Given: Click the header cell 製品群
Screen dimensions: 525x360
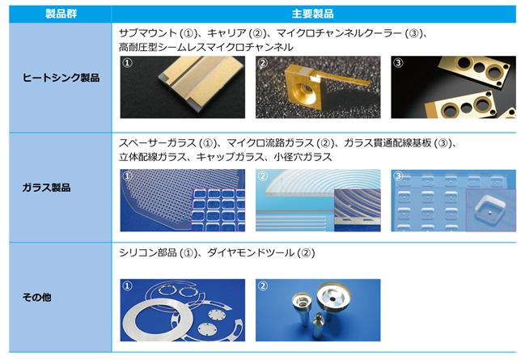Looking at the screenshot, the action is (61, 14).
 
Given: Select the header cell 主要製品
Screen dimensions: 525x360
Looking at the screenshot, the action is (313, 14).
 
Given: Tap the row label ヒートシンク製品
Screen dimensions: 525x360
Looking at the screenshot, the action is (61, 78).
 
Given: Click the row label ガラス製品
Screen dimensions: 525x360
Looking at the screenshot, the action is (46, 188).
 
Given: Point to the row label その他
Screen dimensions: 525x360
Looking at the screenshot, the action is (37, 297).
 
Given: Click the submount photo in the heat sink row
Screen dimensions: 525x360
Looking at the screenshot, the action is (183, 87).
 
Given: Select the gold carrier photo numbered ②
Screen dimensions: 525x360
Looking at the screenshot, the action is (318, 87).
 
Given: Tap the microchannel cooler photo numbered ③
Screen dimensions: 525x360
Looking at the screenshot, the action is (453, 87).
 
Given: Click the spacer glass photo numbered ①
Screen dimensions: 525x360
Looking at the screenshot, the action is (183, 201).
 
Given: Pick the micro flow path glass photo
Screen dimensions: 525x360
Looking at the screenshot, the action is (318, 201).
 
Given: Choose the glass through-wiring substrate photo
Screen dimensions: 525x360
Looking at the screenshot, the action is (453, 201).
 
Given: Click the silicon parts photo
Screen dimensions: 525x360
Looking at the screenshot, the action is (183, 310).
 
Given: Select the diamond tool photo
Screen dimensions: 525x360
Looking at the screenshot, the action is (318, 310).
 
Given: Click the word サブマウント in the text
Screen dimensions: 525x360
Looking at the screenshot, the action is (148, 33).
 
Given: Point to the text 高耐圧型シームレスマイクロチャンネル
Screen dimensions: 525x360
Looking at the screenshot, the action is (206, 47).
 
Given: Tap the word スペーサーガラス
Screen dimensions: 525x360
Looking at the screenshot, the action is (158, 143).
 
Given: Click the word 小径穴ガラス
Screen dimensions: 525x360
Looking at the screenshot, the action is (303, 157).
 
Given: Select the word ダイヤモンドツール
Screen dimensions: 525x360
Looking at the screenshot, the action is (251, 252).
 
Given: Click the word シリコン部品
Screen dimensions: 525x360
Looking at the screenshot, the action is (148, 252).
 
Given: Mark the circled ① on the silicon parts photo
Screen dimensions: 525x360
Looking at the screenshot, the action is (128, 286).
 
